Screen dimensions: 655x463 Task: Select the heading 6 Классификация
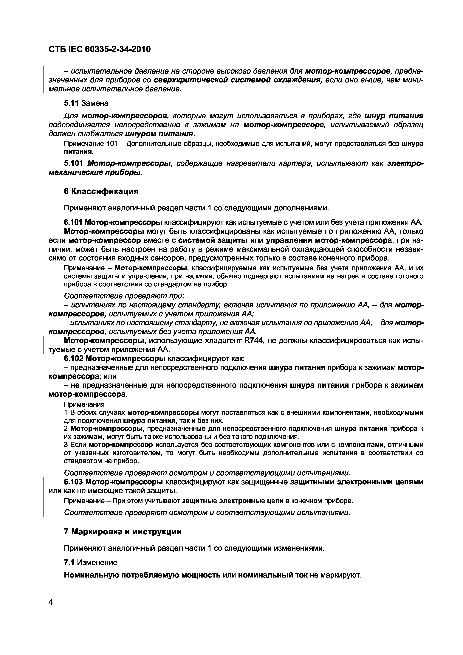tap(101, 191)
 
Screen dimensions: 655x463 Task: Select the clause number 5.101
tap(74, 163)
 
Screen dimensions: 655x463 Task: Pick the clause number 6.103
tap(73, 482)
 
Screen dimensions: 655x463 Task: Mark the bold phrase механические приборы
tap(95, 172)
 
